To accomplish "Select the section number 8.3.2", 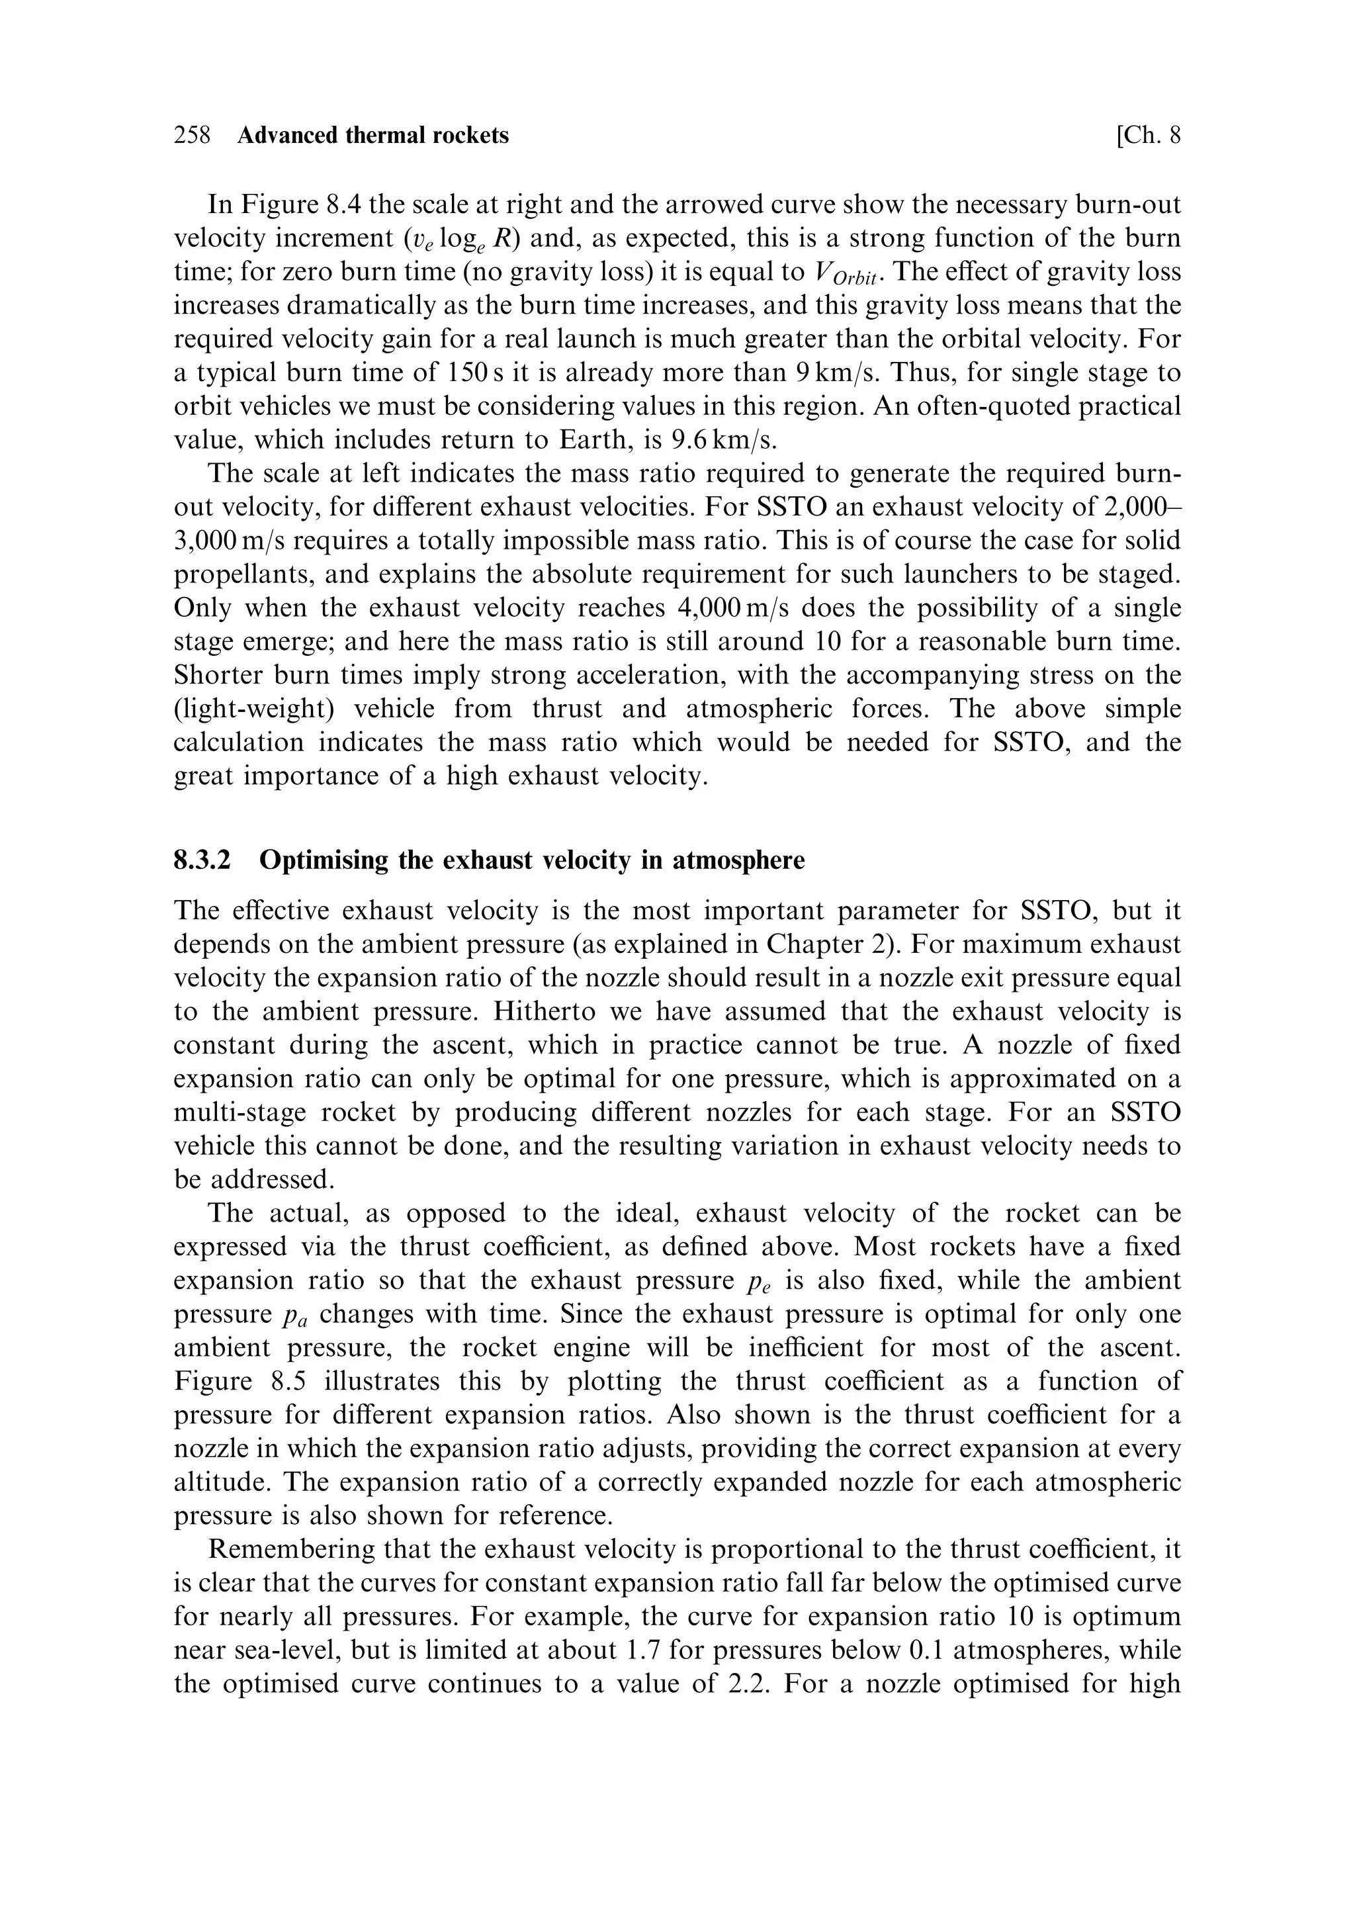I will click(x=202, y=860).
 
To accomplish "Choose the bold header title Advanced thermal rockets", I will click(x=373, y=135).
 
